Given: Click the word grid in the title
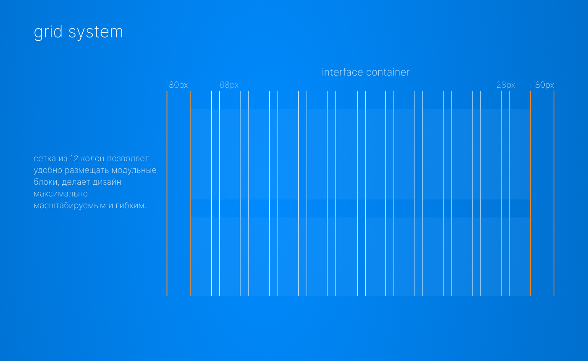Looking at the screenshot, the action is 48,32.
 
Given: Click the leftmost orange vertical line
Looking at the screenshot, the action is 167,194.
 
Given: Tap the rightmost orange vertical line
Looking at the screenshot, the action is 554,194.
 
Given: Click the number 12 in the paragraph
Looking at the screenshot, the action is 74,159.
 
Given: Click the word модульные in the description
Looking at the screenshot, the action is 134,170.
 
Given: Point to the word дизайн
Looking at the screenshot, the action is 107,182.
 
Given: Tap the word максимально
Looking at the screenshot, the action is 60,194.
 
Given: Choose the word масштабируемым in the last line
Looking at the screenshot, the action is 70,206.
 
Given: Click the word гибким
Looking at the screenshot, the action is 131,205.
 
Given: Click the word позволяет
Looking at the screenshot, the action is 128,159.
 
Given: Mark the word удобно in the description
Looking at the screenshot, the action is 48,170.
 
